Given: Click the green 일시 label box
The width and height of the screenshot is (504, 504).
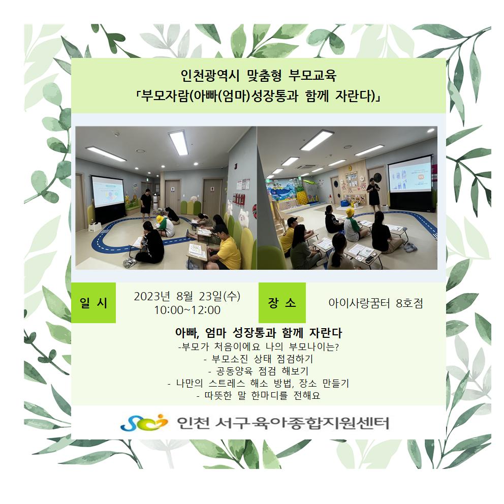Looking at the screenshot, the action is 93,302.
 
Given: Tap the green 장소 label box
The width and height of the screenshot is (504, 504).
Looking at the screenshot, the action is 282,302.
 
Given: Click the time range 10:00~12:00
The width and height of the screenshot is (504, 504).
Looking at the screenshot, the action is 187,310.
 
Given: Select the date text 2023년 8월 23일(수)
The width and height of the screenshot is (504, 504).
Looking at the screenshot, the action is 187,296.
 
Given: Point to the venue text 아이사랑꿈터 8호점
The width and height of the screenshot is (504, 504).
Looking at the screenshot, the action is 375,303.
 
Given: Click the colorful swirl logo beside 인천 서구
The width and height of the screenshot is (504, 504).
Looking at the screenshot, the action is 144,422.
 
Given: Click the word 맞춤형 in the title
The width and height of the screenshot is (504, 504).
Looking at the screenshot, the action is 264,76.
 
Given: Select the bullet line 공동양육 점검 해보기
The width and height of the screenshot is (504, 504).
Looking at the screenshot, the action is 259,371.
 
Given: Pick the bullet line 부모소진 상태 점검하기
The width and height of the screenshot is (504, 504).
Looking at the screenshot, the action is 259,359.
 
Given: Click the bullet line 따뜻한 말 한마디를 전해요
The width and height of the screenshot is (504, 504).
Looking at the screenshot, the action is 259,395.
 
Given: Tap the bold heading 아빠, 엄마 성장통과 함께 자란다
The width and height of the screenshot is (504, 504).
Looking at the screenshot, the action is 259,333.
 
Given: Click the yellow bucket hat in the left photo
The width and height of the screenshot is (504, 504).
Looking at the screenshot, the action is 160,219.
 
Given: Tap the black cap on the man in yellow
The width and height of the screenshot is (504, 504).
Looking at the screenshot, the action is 293,222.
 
